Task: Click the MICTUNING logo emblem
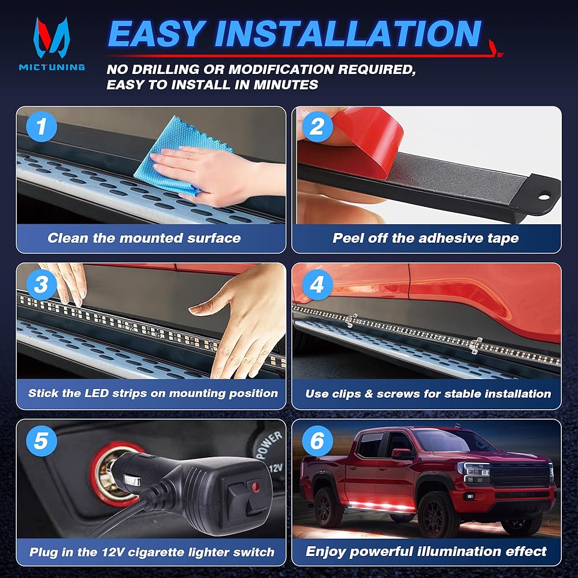click(51, 38)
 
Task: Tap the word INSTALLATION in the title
click(349, 34)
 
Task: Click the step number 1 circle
click(42, 127)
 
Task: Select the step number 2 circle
click(317, 127)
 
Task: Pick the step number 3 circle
click(42, 284)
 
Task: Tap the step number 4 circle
click(317, 284)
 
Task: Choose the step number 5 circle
click(42, 441)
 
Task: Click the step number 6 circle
click(317, 441)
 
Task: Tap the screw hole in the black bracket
click(544, 197)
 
